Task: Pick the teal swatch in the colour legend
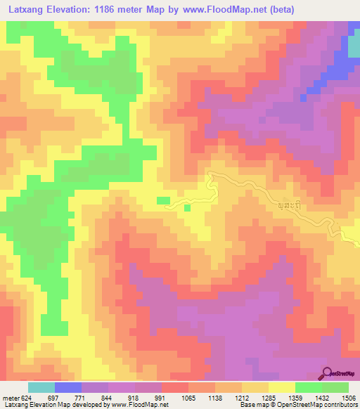[x=41, y=387]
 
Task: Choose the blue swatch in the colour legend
[x=68, y=387]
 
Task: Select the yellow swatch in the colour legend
[x=281, y=387]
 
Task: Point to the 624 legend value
[x=26, y=398]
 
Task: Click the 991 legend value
[x=160, y=398]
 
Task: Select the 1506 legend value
[x=348, y=398]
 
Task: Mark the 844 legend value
[x=107, y=398]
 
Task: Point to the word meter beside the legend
[x=10, y=398]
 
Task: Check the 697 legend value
[x=54, y=398]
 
